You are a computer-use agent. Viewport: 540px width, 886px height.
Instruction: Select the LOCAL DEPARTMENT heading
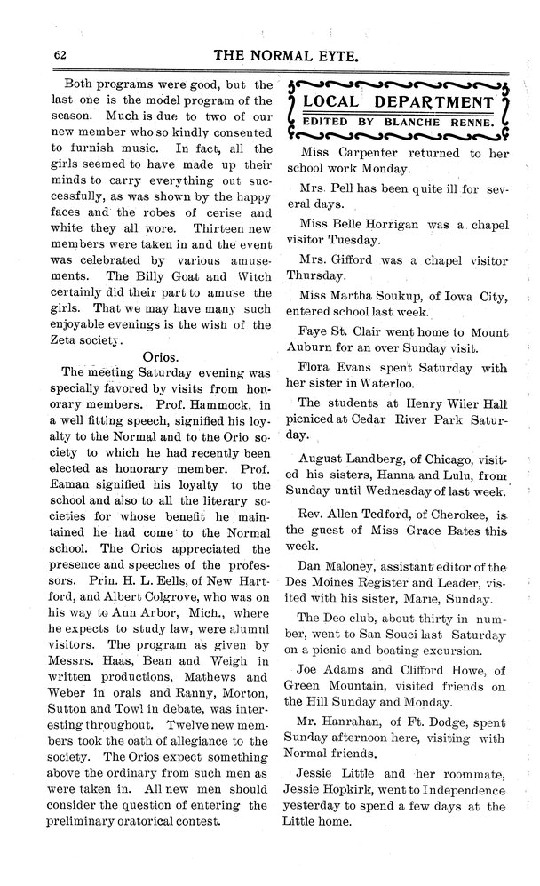pos(398,101)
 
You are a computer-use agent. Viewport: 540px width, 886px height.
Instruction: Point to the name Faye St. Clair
pos(343,331)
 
